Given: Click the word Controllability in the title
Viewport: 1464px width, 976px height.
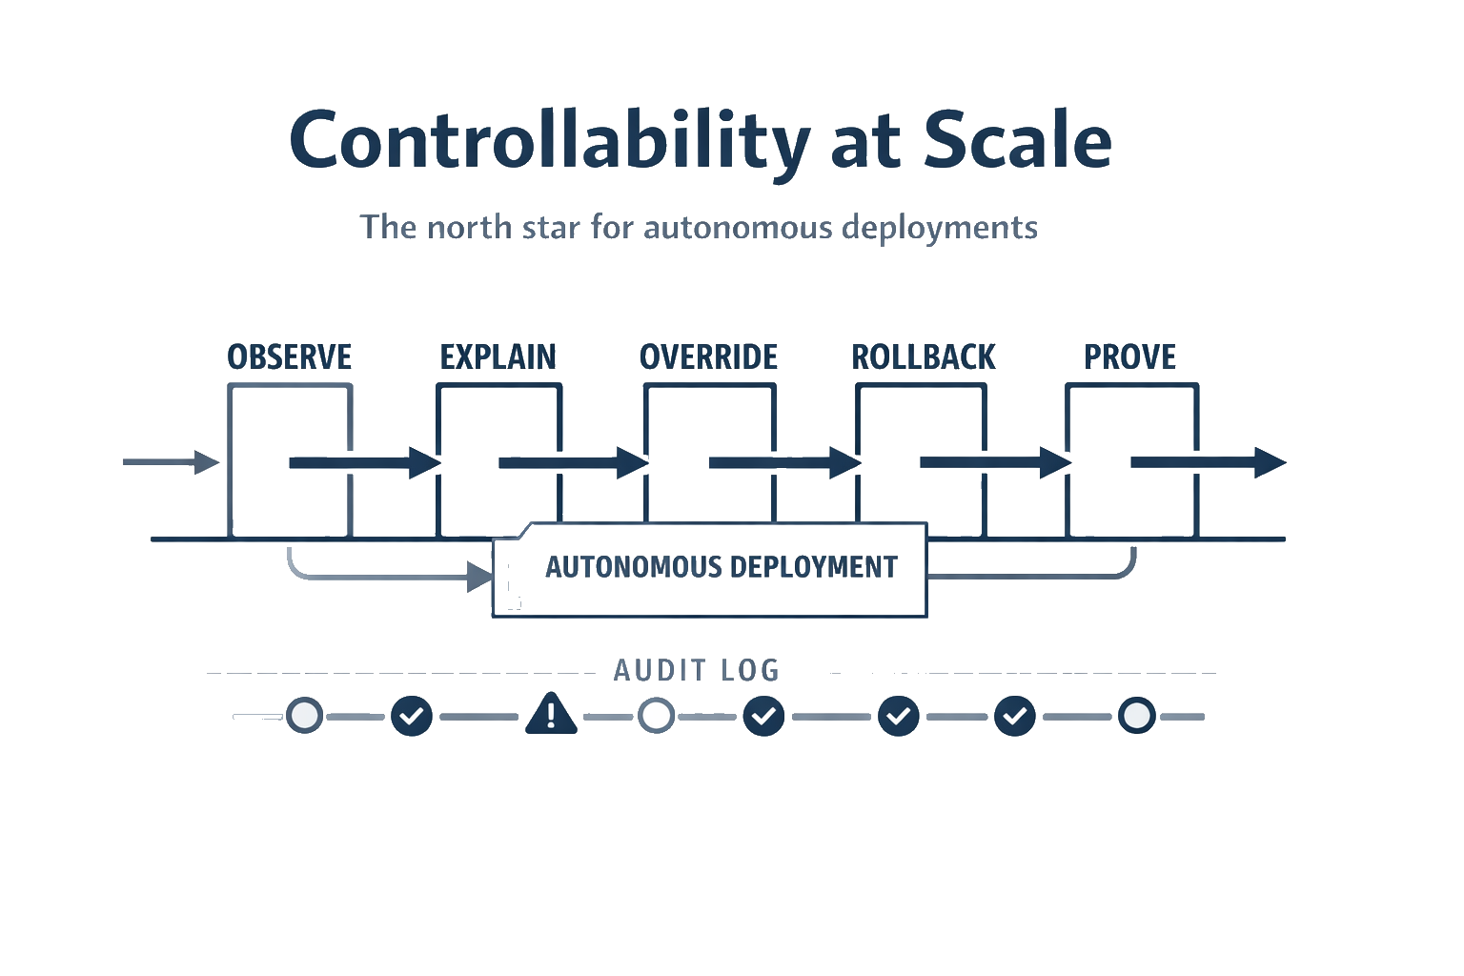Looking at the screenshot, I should tap(548, 141).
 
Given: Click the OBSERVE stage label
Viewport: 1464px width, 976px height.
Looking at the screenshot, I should tap(290, 357).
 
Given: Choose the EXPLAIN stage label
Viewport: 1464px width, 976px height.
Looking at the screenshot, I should tap(498, 357).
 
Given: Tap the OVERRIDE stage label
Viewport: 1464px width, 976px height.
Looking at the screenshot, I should tap(708, 357).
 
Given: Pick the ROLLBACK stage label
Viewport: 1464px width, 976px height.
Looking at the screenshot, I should tap(923, 357).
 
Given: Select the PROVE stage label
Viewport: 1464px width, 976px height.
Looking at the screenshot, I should tap(1130, 357).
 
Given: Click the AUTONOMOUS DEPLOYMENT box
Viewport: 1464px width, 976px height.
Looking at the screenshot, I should tap(709, 569).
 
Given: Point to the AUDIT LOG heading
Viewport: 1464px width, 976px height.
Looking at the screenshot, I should tap(696, 670).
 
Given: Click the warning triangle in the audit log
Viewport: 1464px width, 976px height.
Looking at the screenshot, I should tap(551, 714).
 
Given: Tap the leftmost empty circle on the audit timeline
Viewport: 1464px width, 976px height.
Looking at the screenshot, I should tap(304, 715).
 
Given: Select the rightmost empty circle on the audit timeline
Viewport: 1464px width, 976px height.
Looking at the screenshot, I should tap(1136, 715).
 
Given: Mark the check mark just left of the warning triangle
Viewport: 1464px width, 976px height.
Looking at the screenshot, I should tap(412, 715).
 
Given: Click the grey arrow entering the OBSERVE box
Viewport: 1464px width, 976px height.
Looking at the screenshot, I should tap(172, 462).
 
